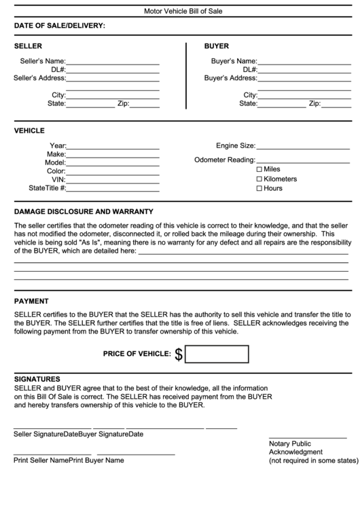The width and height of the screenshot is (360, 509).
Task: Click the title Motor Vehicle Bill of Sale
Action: tap(183, 12)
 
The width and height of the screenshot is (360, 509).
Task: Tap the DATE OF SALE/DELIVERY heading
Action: tap(60, 26)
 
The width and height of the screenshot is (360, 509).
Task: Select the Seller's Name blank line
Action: tap(112, 63)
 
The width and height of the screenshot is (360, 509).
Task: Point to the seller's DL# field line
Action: tap(112, 71)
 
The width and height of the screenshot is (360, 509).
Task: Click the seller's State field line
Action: tap(90, 105)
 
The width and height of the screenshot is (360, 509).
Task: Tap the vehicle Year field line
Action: tap(112, 147)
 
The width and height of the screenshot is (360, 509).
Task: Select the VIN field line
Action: tap(112, 181)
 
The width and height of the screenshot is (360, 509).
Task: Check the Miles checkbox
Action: tap(259, 169)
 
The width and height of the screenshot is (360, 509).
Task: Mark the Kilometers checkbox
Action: tap(259, 179)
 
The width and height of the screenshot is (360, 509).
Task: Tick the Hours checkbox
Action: tap(259, 188)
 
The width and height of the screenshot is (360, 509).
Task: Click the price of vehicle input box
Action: tap(217, 354)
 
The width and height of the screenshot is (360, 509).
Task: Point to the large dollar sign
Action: tap(179, 354)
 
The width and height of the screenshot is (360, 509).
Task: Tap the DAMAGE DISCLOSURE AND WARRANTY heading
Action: tap(84, 211)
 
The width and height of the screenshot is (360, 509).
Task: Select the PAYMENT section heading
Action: tap(31, 300)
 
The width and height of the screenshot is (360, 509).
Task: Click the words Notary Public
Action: tap(290, 443)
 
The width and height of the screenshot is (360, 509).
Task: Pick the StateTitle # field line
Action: tap(112, 190)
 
